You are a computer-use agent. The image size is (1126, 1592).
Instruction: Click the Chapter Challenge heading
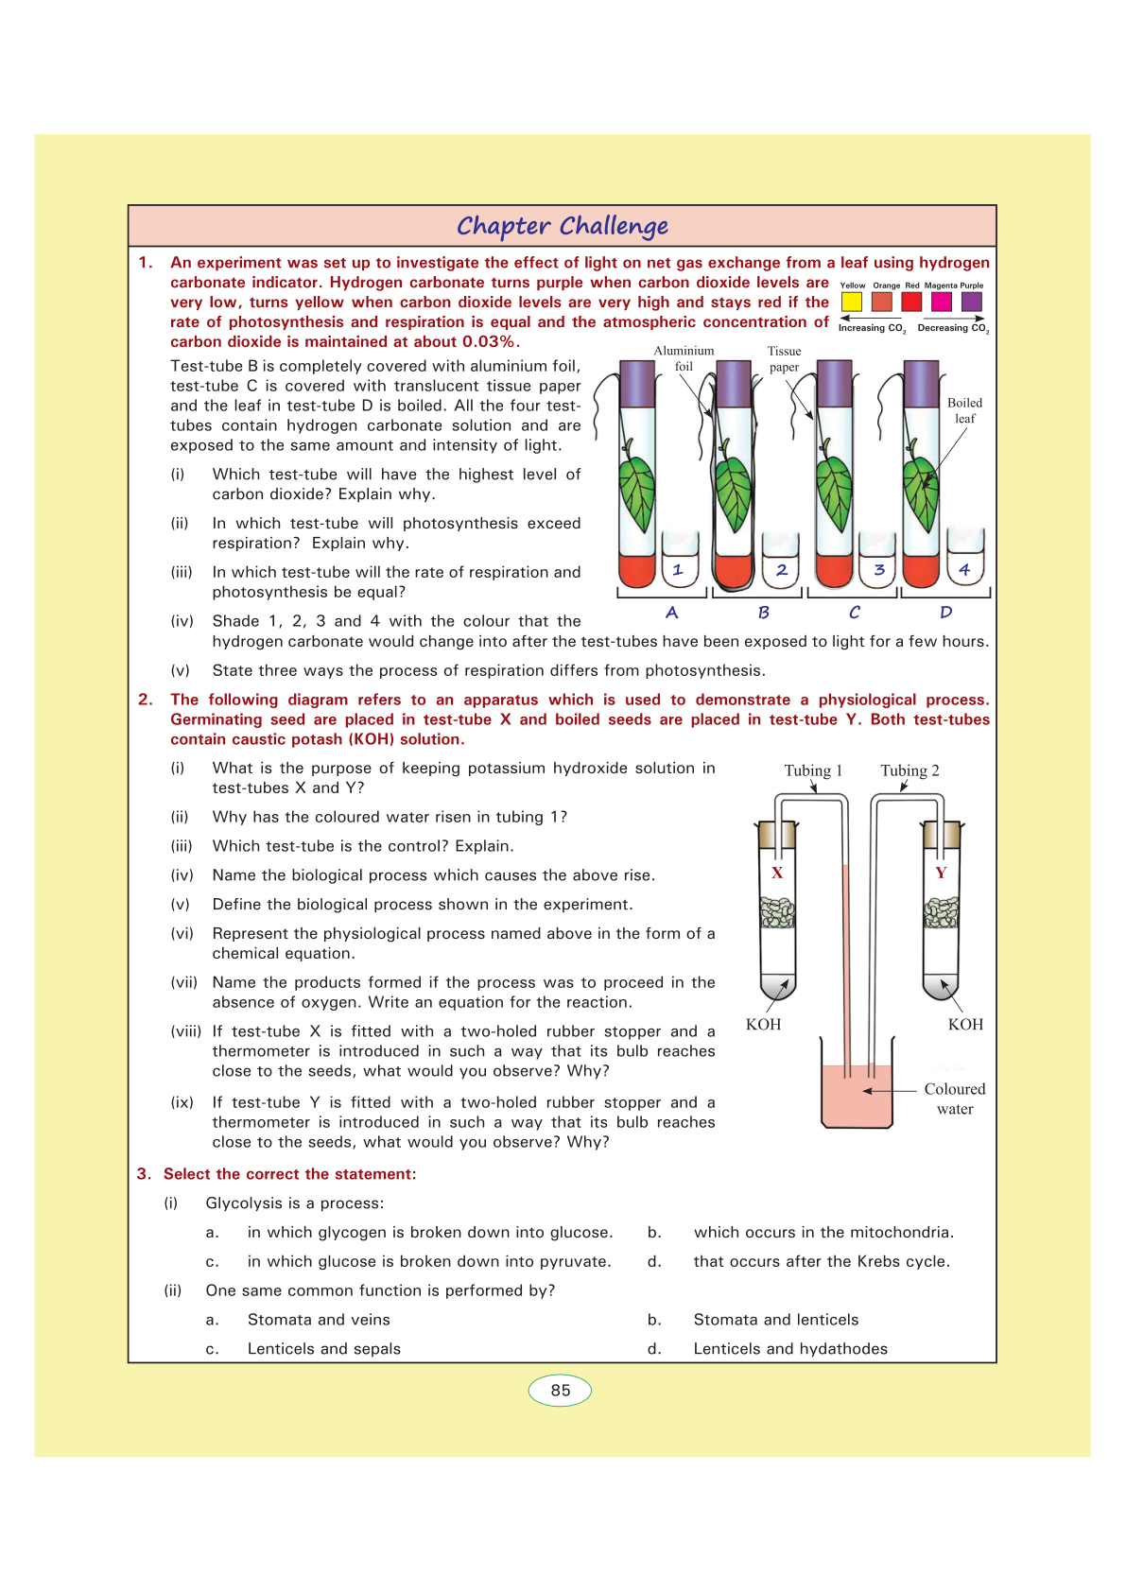[x=562, y=226]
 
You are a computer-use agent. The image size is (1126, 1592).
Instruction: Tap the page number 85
[x=560, y=1390]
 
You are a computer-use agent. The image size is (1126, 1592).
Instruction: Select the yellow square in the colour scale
[x=852, y=302]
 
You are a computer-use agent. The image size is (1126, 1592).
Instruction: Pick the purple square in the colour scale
[x=971, y=302]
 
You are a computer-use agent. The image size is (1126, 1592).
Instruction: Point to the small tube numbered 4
[x=964, y=559]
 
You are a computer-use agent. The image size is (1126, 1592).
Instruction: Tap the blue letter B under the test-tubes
[x=764, y=613]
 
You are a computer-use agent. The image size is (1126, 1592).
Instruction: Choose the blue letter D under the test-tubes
[x=945, y=613]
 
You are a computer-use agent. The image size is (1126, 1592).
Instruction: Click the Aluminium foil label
[x=684, y=358]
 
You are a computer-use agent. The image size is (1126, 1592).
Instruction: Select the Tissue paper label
[x=784, y=358]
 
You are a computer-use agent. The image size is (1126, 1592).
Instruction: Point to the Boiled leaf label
[x=964, y=410]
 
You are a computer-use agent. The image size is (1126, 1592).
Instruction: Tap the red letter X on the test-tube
[x=777, y=873]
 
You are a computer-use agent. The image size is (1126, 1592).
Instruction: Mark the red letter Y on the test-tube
[x=941, y=873]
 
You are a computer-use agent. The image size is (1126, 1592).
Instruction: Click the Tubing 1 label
[x=813, y=770]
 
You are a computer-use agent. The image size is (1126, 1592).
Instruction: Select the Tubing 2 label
[x=909, y=770]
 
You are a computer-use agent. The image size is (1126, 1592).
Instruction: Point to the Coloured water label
[x=955, y=1099]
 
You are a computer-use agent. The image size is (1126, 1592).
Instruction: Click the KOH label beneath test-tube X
[x=763, y=1025]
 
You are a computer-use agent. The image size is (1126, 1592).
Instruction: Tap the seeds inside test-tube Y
[x=941, y=912]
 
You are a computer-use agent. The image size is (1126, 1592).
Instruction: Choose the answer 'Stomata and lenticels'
[x=776, y=1320]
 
